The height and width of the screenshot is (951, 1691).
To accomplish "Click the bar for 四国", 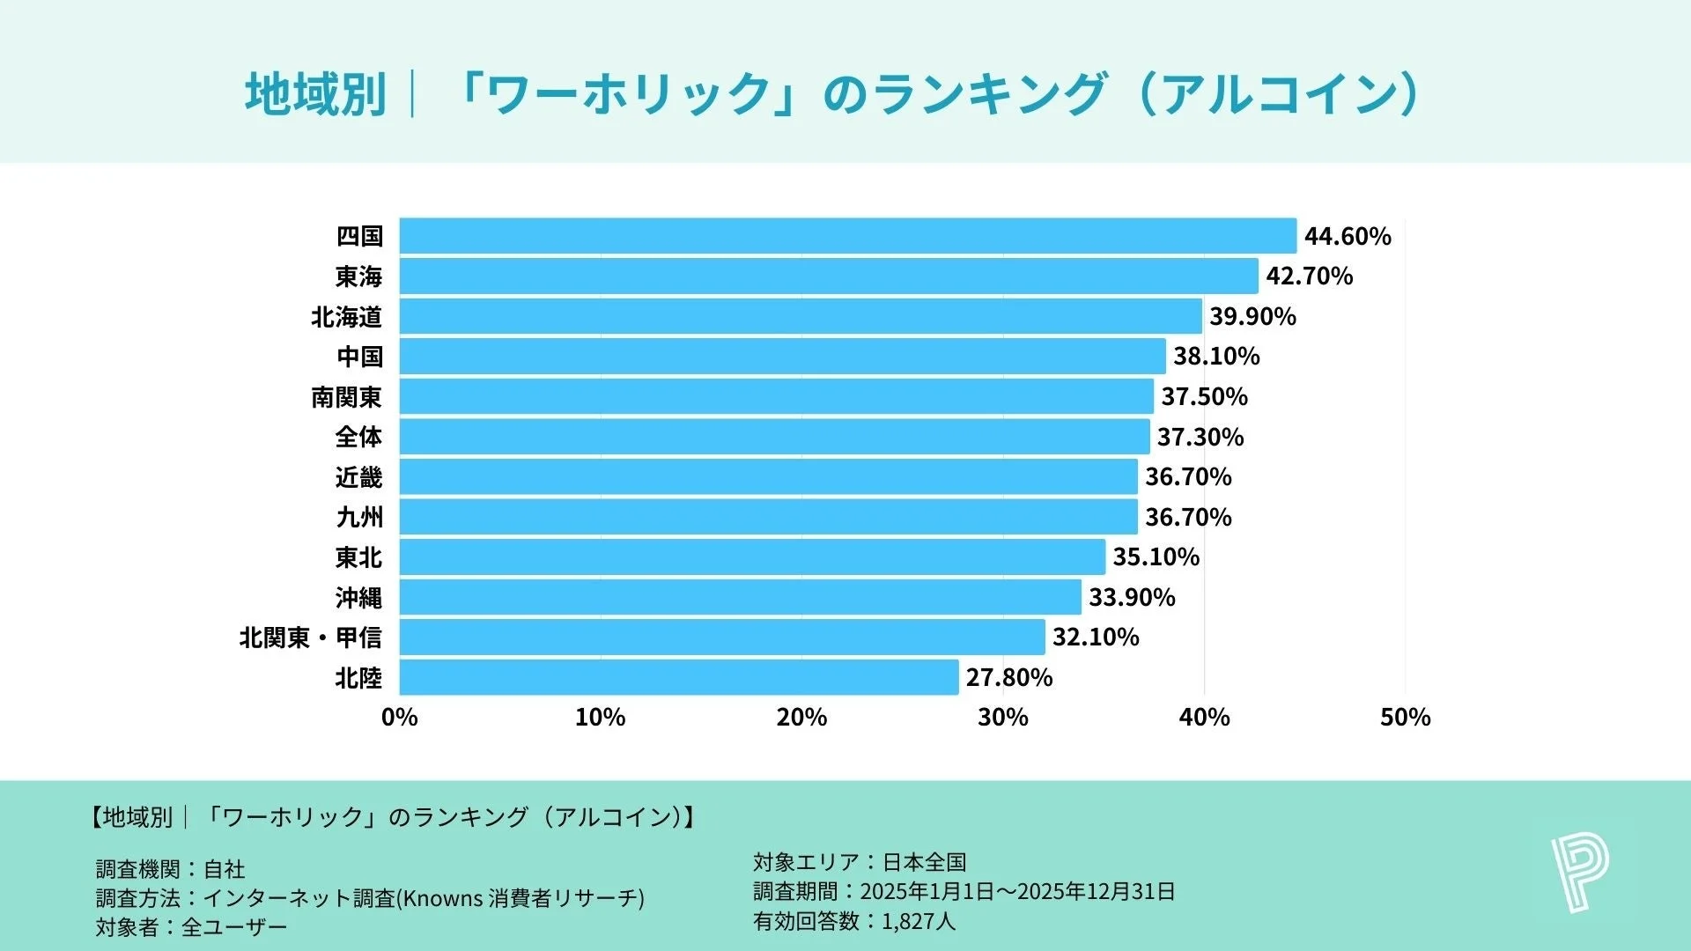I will pyautogui.click(x=847, y=236).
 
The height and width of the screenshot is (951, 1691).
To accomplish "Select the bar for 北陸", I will pyautogui.click(x=678, y=677).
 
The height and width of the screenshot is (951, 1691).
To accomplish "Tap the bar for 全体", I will pyautogui.click(x=774, y=437).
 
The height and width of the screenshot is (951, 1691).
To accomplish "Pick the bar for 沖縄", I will pyautogui.click(x=740, y=597).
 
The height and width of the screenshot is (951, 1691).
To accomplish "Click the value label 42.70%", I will pyautogui.click(x=1309, y=276).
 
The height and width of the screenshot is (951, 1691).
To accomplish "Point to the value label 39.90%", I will pyautogui.click(x=1252, y=316).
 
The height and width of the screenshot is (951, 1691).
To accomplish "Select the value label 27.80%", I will pyautogui.click(x=1009, y=677).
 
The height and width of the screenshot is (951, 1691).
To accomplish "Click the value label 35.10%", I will pyautogui.click(x=1156, y=557).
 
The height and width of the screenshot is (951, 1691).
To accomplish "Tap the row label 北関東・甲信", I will pyautogui.click(x=310, y=638).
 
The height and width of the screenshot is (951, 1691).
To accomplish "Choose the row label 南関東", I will pyautogui.click(x=346, y=397).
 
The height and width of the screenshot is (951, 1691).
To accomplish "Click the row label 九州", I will pyautogui.click(x=359, y=517).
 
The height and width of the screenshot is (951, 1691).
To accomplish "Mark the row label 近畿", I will pyautogui.click(x=358, y=477).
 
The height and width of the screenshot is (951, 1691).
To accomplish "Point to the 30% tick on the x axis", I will pyautogui.click(x=1002, y=718).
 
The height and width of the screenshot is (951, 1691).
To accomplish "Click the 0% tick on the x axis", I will pyautogui.click(x=399, y=718).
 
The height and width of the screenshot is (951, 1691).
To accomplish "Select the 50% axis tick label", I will pyautogui.click(x=1405, y=718).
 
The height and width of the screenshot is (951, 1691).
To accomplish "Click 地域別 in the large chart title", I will pyautogui.click(x=315, y=94).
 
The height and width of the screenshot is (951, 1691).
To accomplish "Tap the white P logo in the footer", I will pyautogui.click(x=1579, y=874).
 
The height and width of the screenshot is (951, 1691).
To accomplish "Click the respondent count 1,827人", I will pyautogui.click(x=918, y=922).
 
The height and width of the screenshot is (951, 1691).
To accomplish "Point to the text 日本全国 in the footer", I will pyautogui.click(x=924, y=862).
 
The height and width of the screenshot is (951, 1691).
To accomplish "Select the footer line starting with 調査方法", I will pyautogui.click(x=370, y=898).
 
